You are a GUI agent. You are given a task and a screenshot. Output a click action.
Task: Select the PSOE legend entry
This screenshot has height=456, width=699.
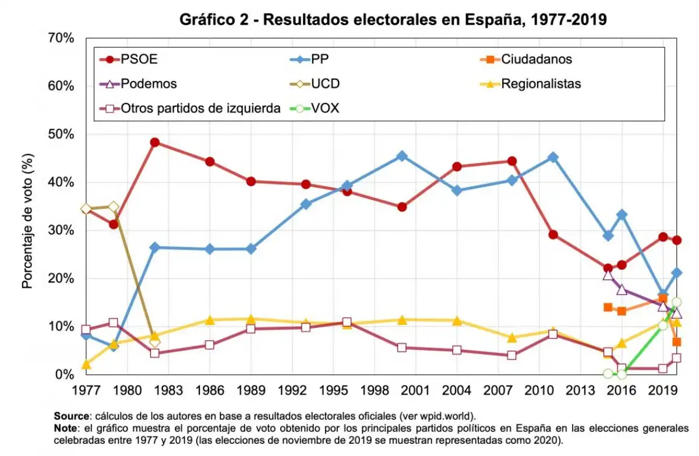[x=139, y=59]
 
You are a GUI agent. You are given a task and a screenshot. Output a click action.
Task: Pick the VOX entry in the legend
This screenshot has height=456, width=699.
[x=326, y=108]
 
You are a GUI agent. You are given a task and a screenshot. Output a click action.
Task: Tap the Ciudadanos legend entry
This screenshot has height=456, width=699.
[x=536, y=59]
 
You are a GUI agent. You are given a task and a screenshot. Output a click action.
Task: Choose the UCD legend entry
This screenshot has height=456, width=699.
[x=326, y=83]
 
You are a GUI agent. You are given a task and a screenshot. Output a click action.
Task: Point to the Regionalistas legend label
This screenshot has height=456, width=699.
[x=541, y=83]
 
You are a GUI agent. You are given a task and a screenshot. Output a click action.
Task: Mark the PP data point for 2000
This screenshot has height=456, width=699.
[x=402, y=156]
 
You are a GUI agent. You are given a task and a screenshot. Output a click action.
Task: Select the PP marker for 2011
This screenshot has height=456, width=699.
[x=553, y=157]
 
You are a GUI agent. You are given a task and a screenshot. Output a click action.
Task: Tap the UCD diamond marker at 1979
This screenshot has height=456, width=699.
[x=114, y=207]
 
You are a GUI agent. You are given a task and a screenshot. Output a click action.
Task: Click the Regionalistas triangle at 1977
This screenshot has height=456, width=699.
[x=86, y=365]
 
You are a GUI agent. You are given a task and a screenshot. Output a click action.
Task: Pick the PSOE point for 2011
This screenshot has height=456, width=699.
[x=553, y=235]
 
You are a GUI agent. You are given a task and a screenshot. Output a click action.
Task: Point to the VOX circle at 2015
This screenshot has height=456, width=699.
[x=608, y=373]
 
